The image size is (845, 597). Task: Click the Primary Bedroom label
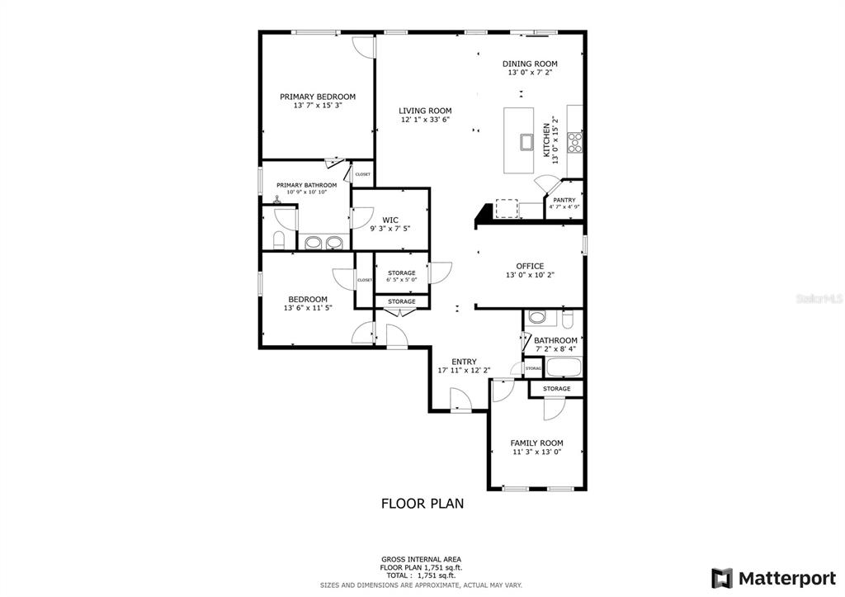click(x=318, y=97)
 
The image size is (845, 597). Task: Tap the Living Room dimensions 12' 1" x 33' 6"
click(x=425, y=120)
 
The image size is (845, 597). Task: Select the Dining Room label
click(x=530, y=64)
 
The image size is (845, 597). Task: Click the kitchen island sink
click(x=526, y=142)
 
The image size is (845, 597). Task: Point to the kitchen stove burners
click(x=575, y=142)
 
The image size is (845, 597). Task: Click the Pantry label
click(x=564, y=200)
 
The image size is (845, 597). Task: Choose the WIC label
click(x=390, y=220)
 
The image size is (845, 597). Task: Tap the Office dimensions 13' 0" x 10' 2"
click(x=530, y=274)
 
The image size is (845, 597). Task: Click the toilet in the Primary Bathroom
click(x=279, y=240)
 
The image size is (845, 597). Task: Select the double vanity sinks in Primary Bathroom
click(x=323, y=243)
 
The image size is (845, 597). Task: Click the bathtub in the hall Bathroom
click(x=564, y=367)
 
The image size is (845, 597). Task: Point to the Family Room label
click(x=536, y=443)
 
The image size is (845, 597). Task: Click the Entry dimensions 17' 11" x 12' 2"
click(x=464, y=371)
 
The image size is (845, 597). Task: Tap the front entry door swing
click(x=460, y=400)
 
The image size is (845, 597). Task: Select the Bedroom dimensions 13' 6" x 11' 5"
click(x=308, y=308)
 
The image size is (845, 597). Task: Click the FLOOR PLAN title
click(x=422, y=504)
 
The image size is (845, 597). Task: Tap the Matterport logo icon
click(x=722, y=578)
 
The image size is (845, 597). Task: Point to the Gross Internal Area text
click(x=421, y=560)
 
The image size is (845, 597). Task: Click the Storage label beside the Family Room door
click(x=557, y=388)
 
